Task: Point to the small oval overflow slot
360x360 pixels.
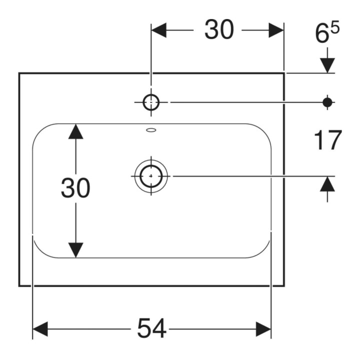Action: point(151,130)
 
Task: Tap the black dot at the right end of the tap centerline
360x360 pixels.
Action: point(327,102)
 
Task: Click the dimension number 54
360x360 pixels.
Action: point(152,328)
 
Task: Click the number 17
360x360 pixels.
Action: point(327,140)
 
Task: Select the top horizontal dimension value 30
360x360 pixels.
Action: point(219,29)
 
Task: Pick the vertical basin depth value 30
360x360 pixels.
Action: point(75,187)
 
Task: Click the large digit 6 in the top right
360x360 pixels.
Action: point(321,34)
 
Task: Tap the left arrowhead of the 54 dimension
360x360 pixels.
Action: point(40,329)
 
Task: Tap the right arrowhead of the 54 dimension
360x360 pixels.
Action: point(263,329)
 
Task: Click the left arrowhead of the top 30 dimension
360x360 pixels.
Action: point(159,30)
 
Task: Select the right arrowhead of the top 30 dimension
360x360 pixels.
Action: point(276,30)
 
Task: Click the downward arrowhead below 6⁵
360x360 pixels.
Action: point(327,65)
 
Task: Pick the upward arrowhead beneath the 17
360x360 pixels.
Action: point(327,184)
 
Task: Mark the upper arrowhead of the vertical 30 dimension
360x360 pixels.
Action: point(76,131)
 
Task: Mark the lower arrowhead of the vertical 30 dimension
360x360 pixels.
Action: point(76,250)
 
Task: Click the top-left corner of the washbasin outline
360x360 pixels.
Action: point(19,73)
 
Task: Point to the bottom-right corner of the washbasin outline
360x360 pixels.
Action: point(284,286)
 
